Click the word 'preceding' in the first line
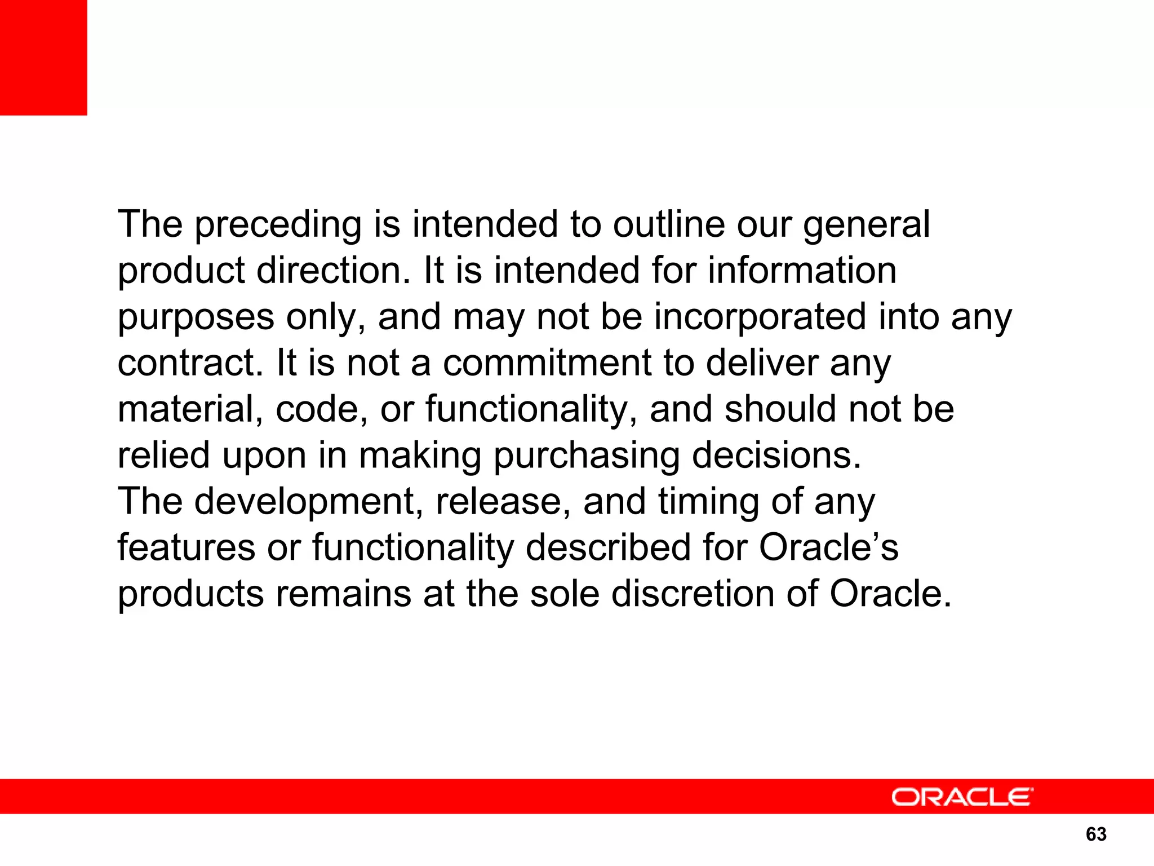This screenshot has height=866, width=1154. point(278,226)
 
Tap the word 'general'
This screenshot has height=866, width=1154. point(866,226)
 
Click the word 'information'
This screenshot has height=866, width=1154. point(802,271)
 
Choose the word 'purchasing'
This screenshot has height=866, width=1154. point(586,456)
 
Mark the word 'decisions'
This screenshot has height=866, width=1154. point(776,456)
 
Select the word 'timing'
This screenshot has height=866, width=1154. point(708,502)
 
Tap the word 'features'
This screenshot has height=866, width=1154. point(186,548)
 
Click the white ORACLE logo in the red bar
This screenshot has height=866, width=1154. point(962,797)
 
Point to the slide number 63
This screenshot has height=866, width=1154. point(1096,834)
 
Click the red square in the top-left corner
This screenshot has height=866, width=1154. point(43,58)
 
